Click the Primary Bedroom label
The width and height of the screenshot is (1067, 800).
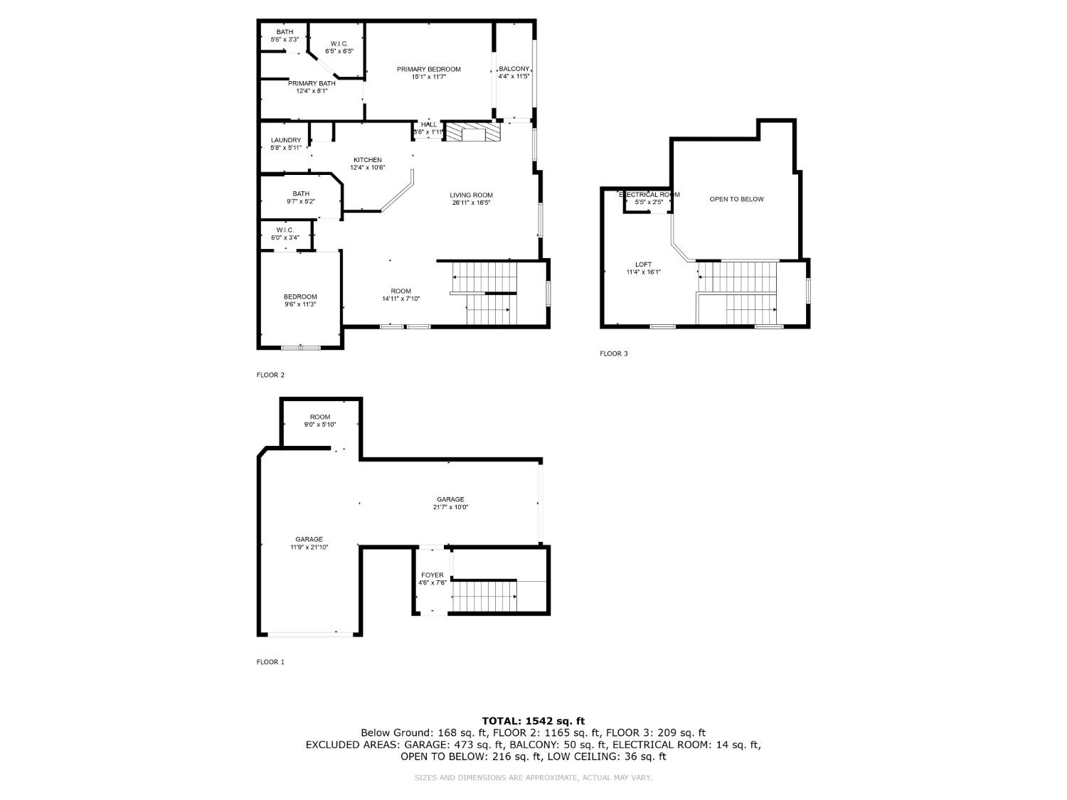pos(428,70)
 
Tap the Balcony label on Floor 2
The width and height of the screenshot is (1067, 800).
pos(514,69)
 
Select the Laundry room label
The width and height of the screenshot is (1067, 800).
pos(285,140)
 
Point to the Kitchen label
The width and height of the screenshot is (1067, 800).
pos(367,160)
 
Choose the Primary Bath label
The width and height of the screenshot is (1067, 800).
pos(312,83)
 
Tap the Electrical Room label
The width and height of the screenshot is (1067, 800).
pos(649,195)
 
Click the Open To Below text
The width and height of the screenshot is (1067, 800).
pos(736,199)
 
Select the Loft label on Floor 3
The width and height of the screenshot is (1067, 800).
pos(643,265)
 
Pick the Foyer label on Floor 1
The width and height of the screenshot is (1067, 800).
pos(432,575)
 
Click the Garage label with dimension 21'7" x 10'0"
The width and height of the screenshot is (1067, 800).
pos(450,499)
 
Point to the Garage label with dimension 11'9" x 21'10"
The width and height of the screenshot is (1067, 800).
pos(309,539)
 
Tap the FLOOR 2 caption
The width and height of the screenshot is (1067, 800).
pos(270,375)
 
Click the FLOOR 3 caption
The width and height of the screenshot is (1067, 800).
pos(614,353)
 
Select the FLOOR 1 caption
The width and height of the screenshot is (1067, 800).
pos(270,662)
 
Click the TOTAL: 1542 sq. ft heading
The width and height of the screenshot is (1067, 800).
pos(533,721)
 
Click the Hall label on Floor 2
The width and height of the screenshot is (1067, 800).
pos(429,124)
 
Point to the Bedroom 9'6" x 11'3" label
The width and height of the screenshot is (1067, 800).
pos(299,297)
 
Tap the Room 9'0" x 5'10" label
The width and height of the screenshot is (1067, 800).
pos(320,417)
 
